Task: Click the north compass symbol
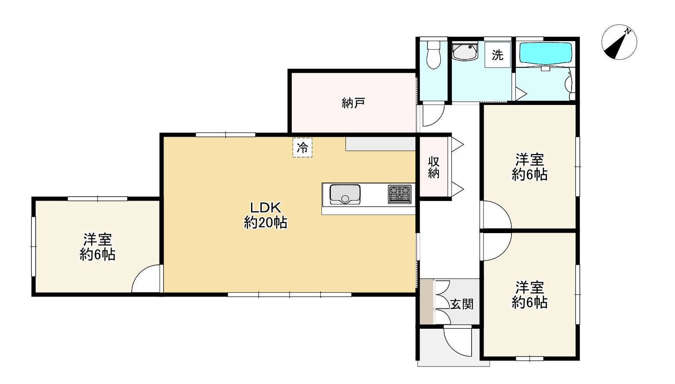(x=619, y=42)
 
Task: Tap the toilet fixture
(x=434, y=55)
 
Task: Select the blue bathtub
(x=546, y=54)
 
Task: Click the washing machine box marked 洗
(x=497, y=55)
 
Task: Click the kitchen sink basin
(x=345, y=195)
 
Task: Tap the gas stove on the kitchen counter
(x=400, y=194)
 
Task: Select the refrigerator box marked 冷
(x=302, y=147)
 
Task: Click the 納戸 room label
(x=353, y=103)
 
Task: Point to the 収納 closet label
(x=434, y=168)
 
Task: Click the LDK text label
(x=266, y=207)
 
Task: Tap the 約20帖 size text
(x=266, y=223)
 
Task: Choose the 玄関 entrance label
(x=462, y=304)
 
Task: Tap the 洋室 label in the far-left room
(x=98, y=240)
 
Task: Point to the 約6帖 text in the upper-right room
(x=530, y=174)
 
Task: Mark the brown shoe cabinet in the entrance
(x=427, y=302)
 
